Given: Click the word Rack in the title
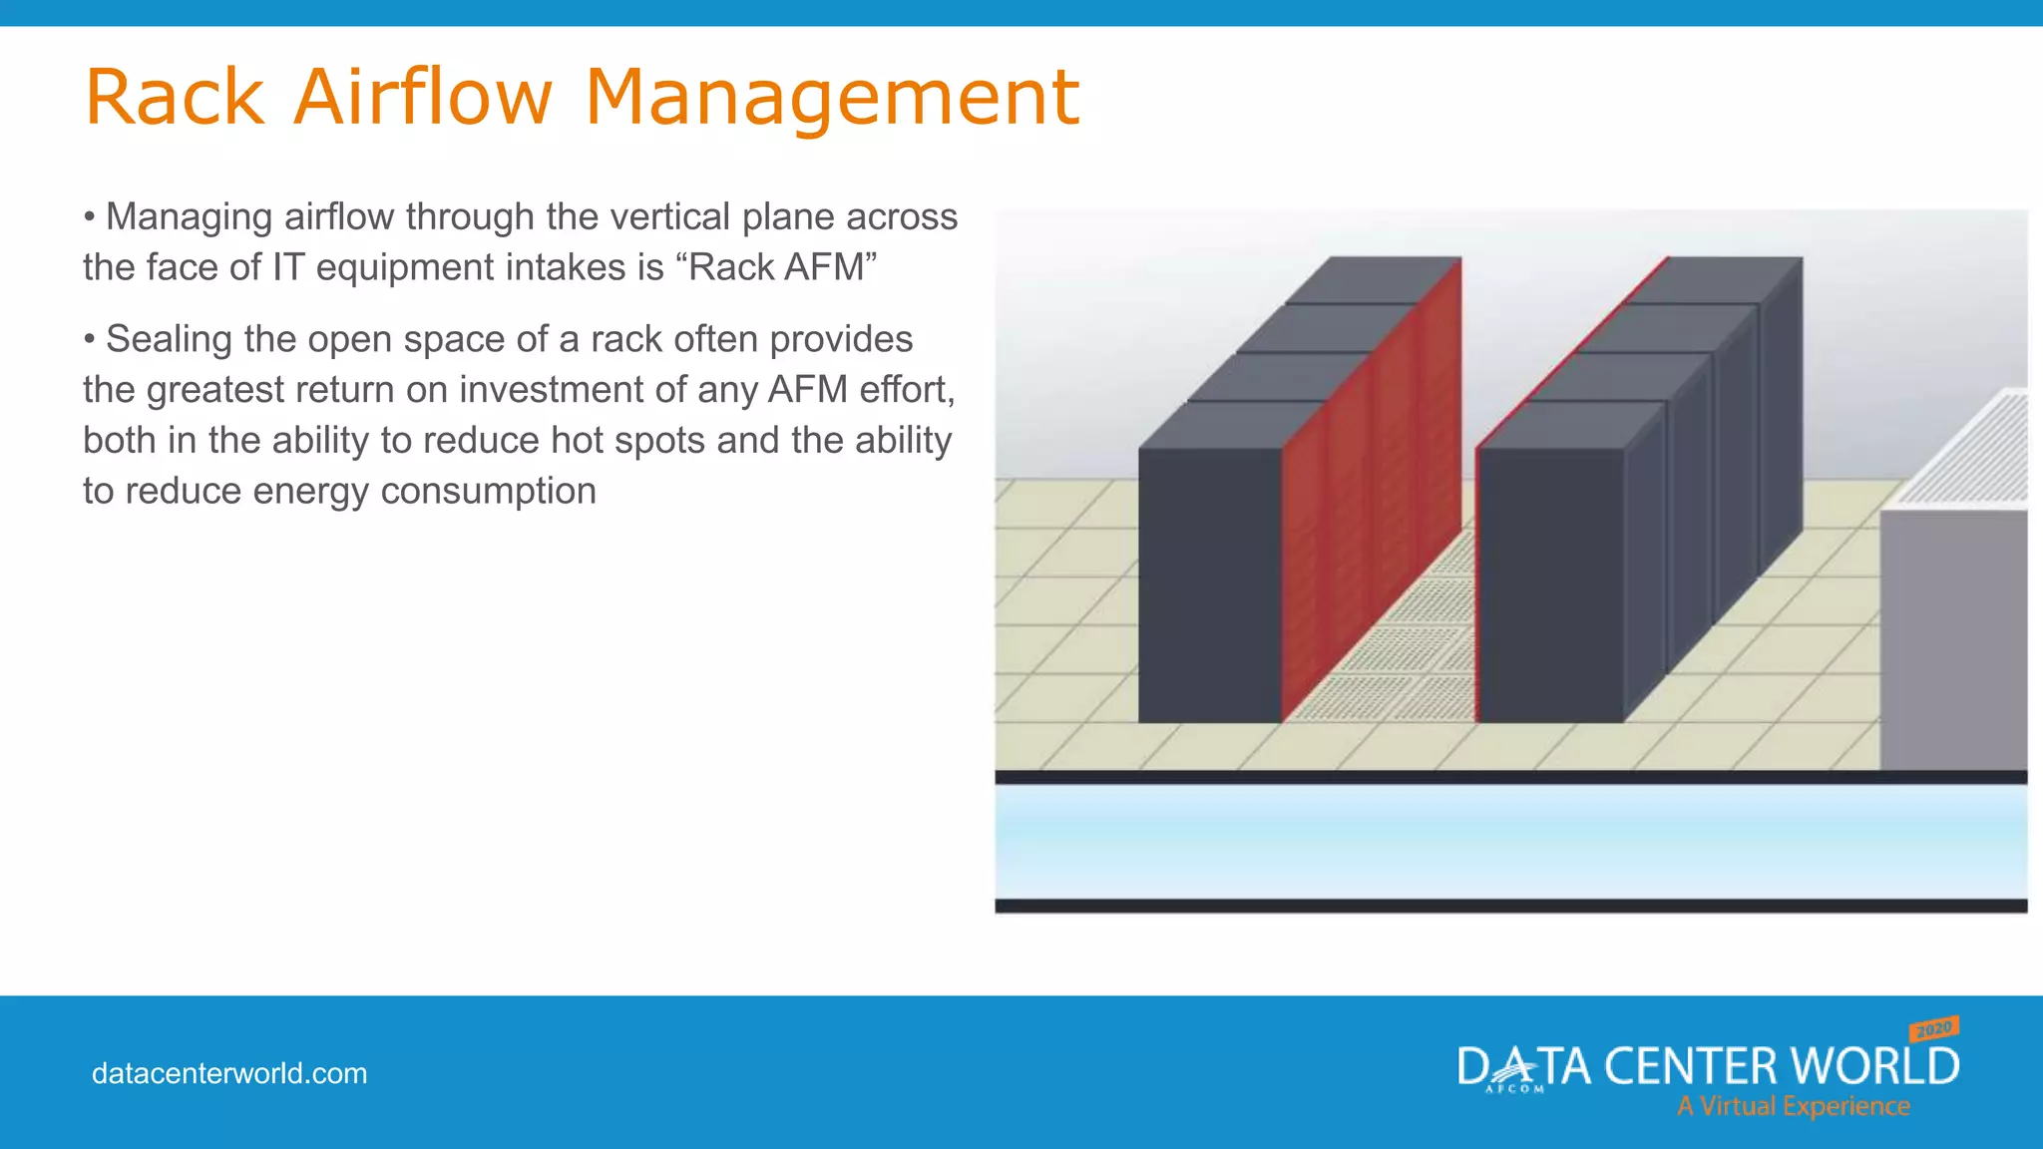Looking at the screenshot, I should click(176, 98).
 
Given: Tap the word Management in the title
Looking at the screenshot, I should click(831, 98).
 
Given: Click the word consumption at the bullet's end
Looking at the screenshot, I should click(488, 492).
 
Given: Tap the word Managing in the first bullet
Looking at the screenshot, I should click(189, 217).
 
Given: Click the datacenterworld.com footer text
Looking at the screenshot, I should click(229, 1074).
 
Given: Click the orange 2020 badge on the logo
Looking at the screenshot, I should click(1933, 1028).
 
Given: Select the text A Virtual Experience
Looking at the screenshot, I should click(1793, 1106).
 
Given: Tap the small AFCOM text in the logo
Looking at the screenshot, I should click(1514, 1089).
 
